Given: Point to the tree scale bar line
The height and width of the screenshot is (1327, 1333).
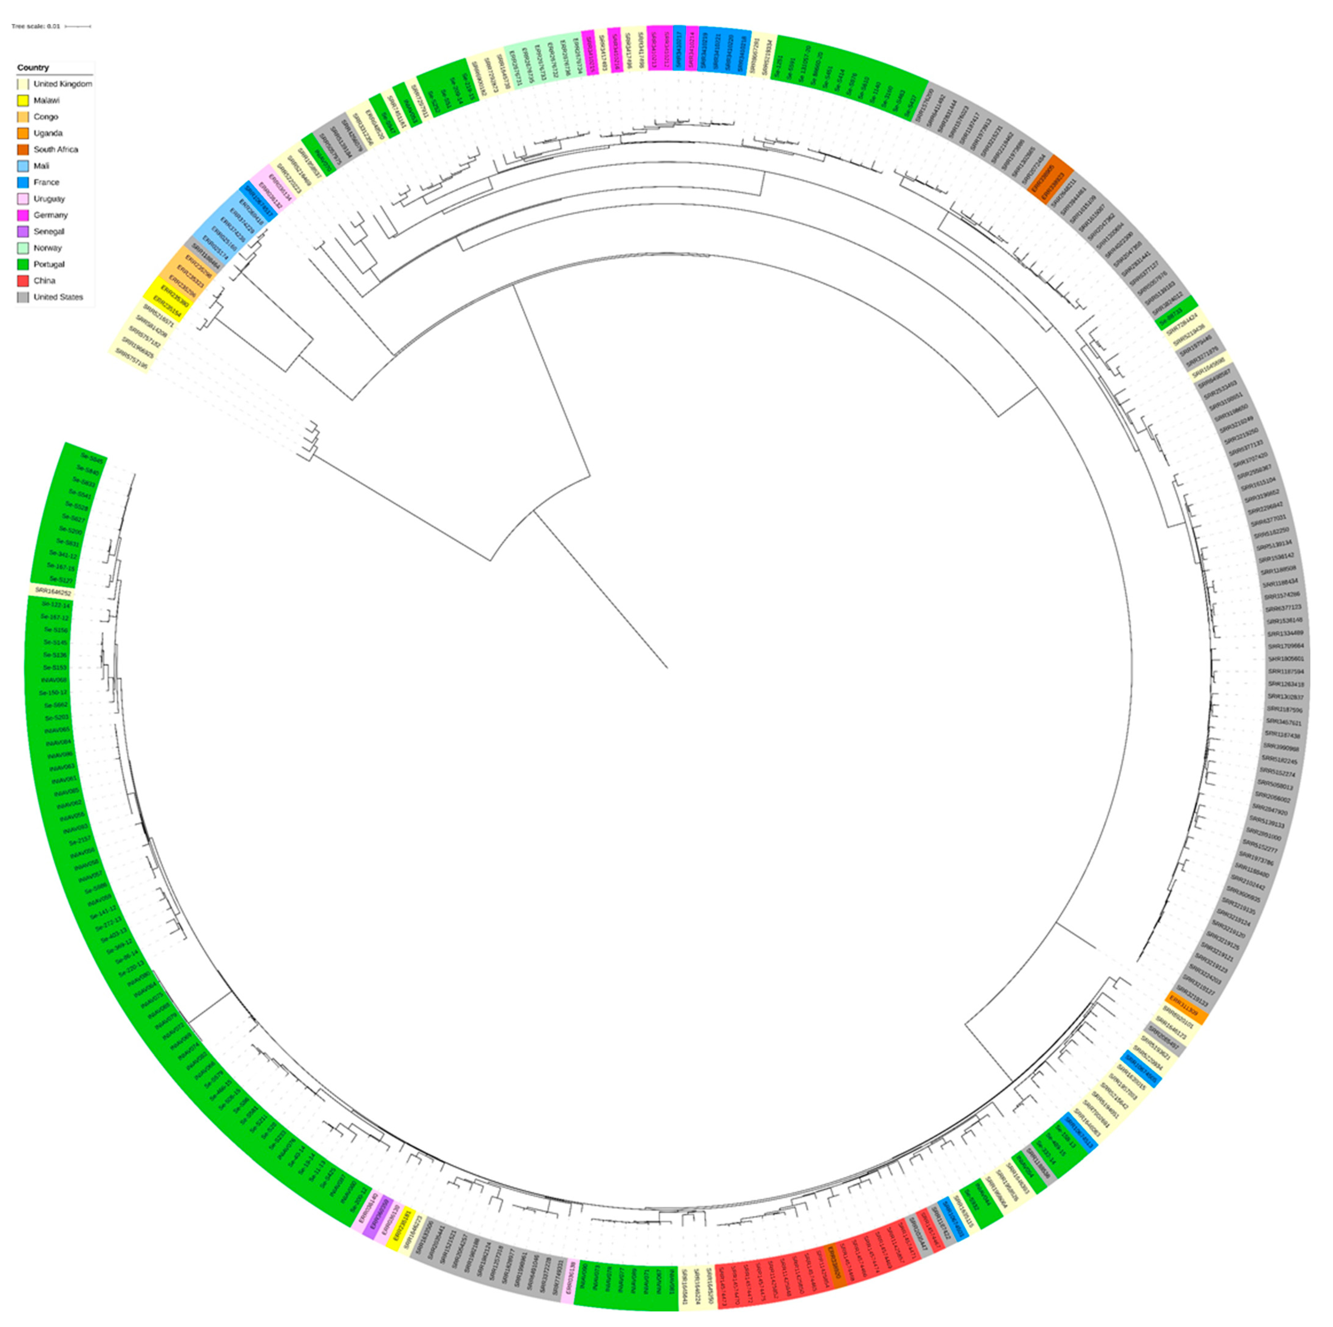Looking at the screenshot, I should coord(78,26).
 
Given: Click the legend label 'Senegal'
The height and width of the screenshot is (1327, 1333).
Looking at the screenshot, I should coord(49,232).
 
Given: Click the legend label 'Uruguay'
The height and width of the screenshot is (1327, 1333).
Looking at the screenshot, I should coord(49,199).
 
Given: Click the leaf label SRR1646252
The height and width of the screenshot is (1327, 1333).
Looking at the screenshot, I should coord(52,591).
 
